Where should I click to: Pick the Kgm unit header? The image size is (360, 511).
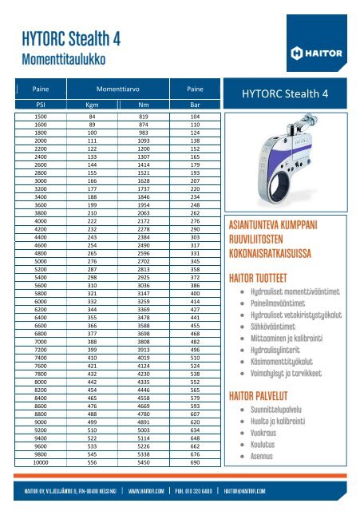(x=92, y=104)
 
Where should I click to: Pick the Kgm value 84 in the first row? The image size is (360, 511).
(x=92, y=117)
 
